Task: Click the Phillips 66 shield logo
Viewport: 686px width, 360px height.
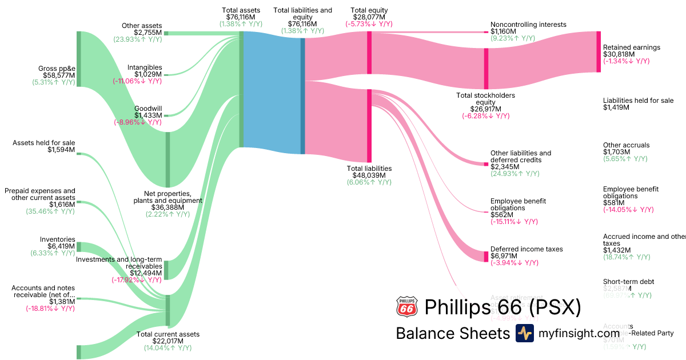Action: click(x=406, y=307)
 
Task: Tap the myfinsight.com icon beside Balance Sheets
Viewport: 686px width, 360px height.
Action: click(x=524, y=333)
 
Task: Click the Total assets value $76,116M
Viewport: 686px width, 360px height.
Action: click(x=241, y=17)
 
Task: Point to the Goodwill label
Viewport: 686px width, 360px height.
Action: click(x=148, y=109)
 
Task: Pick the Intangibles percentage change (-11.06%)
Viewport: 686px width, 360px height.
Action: click(x=137, y=81)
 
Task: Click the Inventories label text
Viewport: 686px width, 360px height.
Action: click(x=57, y=239)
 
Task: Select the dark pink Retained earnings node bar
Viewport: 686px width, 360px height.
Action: click(x=599, y=51)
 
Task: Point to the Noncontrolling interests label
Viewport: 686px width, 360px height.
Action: click(x=528, y=25)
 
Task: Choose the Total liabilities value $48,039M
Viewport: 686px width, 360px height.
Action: click(x=369, y=175)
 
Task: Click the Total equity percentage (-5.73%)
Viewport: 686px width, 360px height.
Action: click(x=369, y=24)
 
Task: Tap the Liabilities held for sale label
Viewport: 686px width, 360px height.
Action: click(x=638, y=101)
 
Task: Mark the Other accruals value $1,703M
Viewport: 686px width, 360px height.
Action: click(x=617, y=153)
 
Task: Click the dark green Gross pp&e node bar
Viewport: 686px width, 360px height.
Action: click(x=79, y=60)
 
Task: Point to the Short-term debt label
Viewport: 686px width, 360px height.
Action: click(x=628, y=282)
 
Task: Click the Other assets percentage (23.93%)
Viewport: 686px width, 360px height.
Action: click(x=137, y=39)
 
